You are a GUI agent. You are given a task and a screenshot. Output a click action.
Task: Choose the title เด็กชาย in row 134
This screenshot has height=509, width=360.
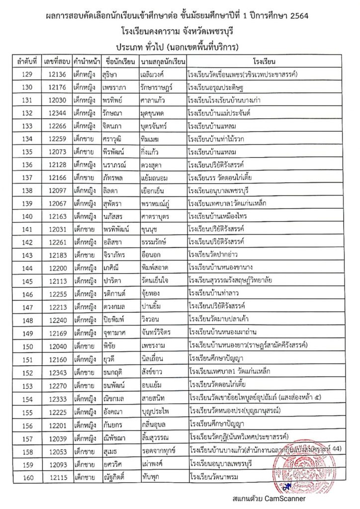(x=84, y=139)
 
